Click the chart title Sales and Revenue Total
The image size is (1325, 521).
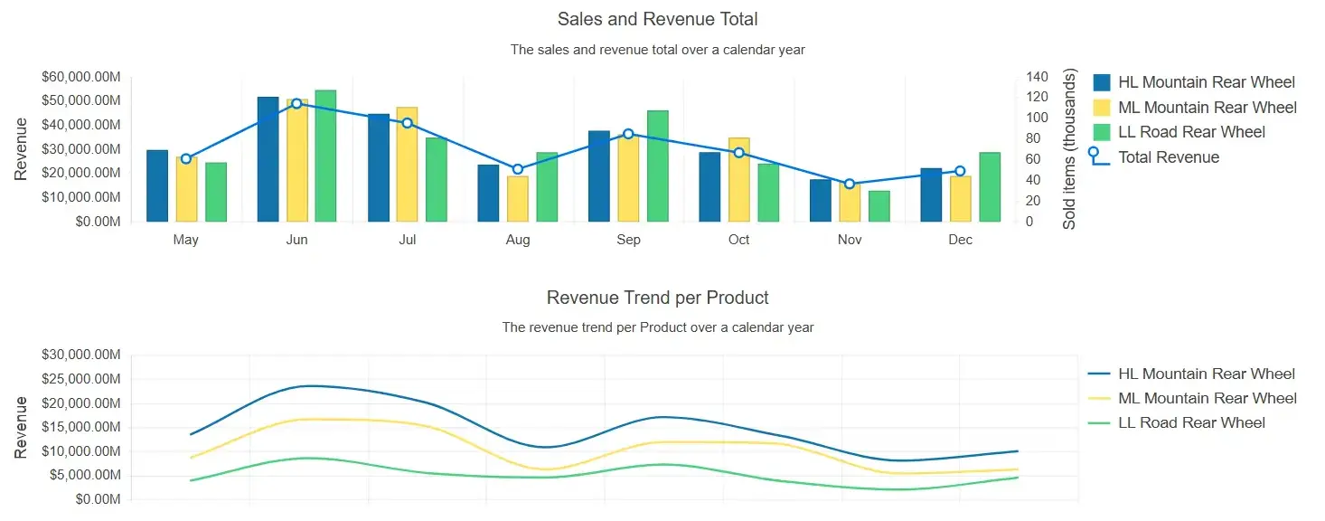[657, 19]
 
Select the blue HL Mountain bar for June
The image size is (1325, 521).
[268, 159]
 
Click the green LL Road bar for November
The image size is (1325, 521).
[879, 206]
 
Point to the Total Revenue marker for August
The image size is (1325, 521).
[518, 169]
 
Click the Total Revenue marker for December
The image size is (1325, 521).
[960, 171]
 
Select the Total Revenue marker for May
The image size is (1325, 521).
[186, 159]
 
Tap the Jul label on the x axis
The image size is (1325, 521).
[408, 240]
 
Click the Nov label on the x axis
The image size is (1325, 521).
[850, 240]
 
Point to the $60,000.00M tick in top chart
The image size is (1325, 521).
[80, 77]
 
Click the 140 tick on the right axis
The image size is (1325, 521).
[1036, 77]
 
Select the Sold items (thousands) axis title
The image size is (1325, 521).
[1069, 149]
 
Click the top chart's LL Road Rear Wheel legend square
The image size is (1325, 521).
[1102, 132]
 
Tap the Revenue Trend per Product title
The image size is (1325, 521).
[657, 298]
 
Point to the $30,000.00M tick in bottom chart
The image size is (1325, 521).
[80, 355]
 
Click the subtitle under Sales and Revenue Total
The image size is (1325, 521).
[657, 50]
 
